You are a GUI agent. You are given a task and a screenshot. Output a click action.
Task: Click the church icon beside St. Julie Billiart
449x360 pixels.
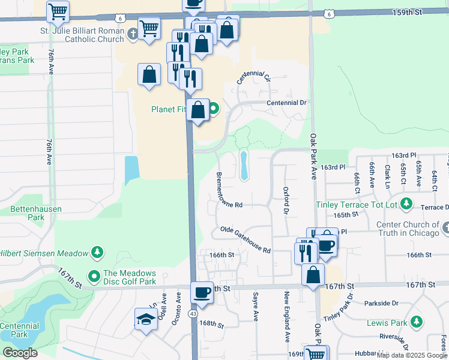coord(134,35)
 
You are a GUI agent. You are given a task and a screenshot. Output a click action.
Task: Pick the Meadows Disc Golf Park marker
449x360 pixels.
coord(94,277)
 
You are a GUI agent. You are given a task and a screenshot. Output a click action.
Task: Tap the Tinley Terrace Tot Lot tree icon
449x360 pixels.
coord(406,204)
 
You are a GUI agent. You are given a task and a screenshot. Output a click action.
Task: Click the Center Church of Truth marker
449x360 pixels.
coord(445,228)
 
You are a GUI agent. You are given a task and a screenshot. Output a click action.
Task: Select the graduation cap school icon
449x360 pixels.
coord(146,320)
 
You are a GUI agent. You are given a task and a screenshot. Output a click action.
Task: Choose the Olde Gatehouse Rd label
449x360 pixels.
coord(246,239)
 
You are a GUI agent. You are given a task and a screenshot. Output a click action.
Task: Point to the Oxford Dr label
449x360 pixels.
coord(286,199)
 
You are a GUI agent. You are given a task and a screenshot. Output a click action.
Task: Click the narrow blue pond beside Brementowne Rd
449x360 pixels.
coord(244,166)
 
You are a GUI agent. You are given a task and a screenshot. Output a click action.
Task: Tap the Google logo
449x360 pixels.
coord(20,353)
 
